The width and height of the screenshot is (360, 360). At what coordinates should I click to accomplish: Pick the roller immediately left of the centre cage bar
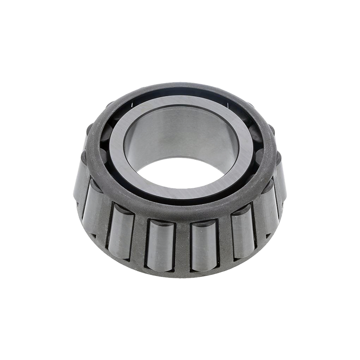(161, 244)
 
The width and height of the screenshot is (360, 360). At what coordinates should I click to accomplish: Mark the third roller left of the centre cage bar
(92, 204)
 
